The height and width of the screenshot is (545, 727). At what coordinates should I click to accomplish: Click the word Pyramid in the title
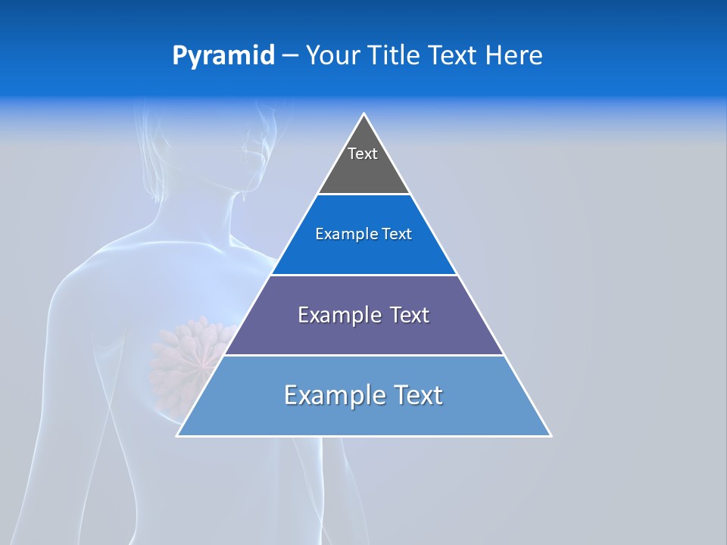click(x=223, y=56)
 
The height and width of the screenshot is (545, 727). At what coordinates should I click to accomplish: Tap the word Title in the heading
click(x=398, y=56)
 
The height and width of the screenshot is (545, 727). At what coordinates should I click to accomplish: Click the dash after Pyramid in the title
click(x=289, y=56)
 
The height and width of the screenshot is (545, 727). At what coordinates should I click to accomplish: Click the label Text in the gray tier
click(x=363, y=154)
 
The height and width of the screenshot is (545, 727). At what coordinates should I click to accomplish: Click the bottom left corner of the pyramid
click(x=178, y=435)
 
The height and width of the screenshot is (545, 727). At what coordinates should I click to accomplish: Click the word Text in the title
click(x=452, y=56)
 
